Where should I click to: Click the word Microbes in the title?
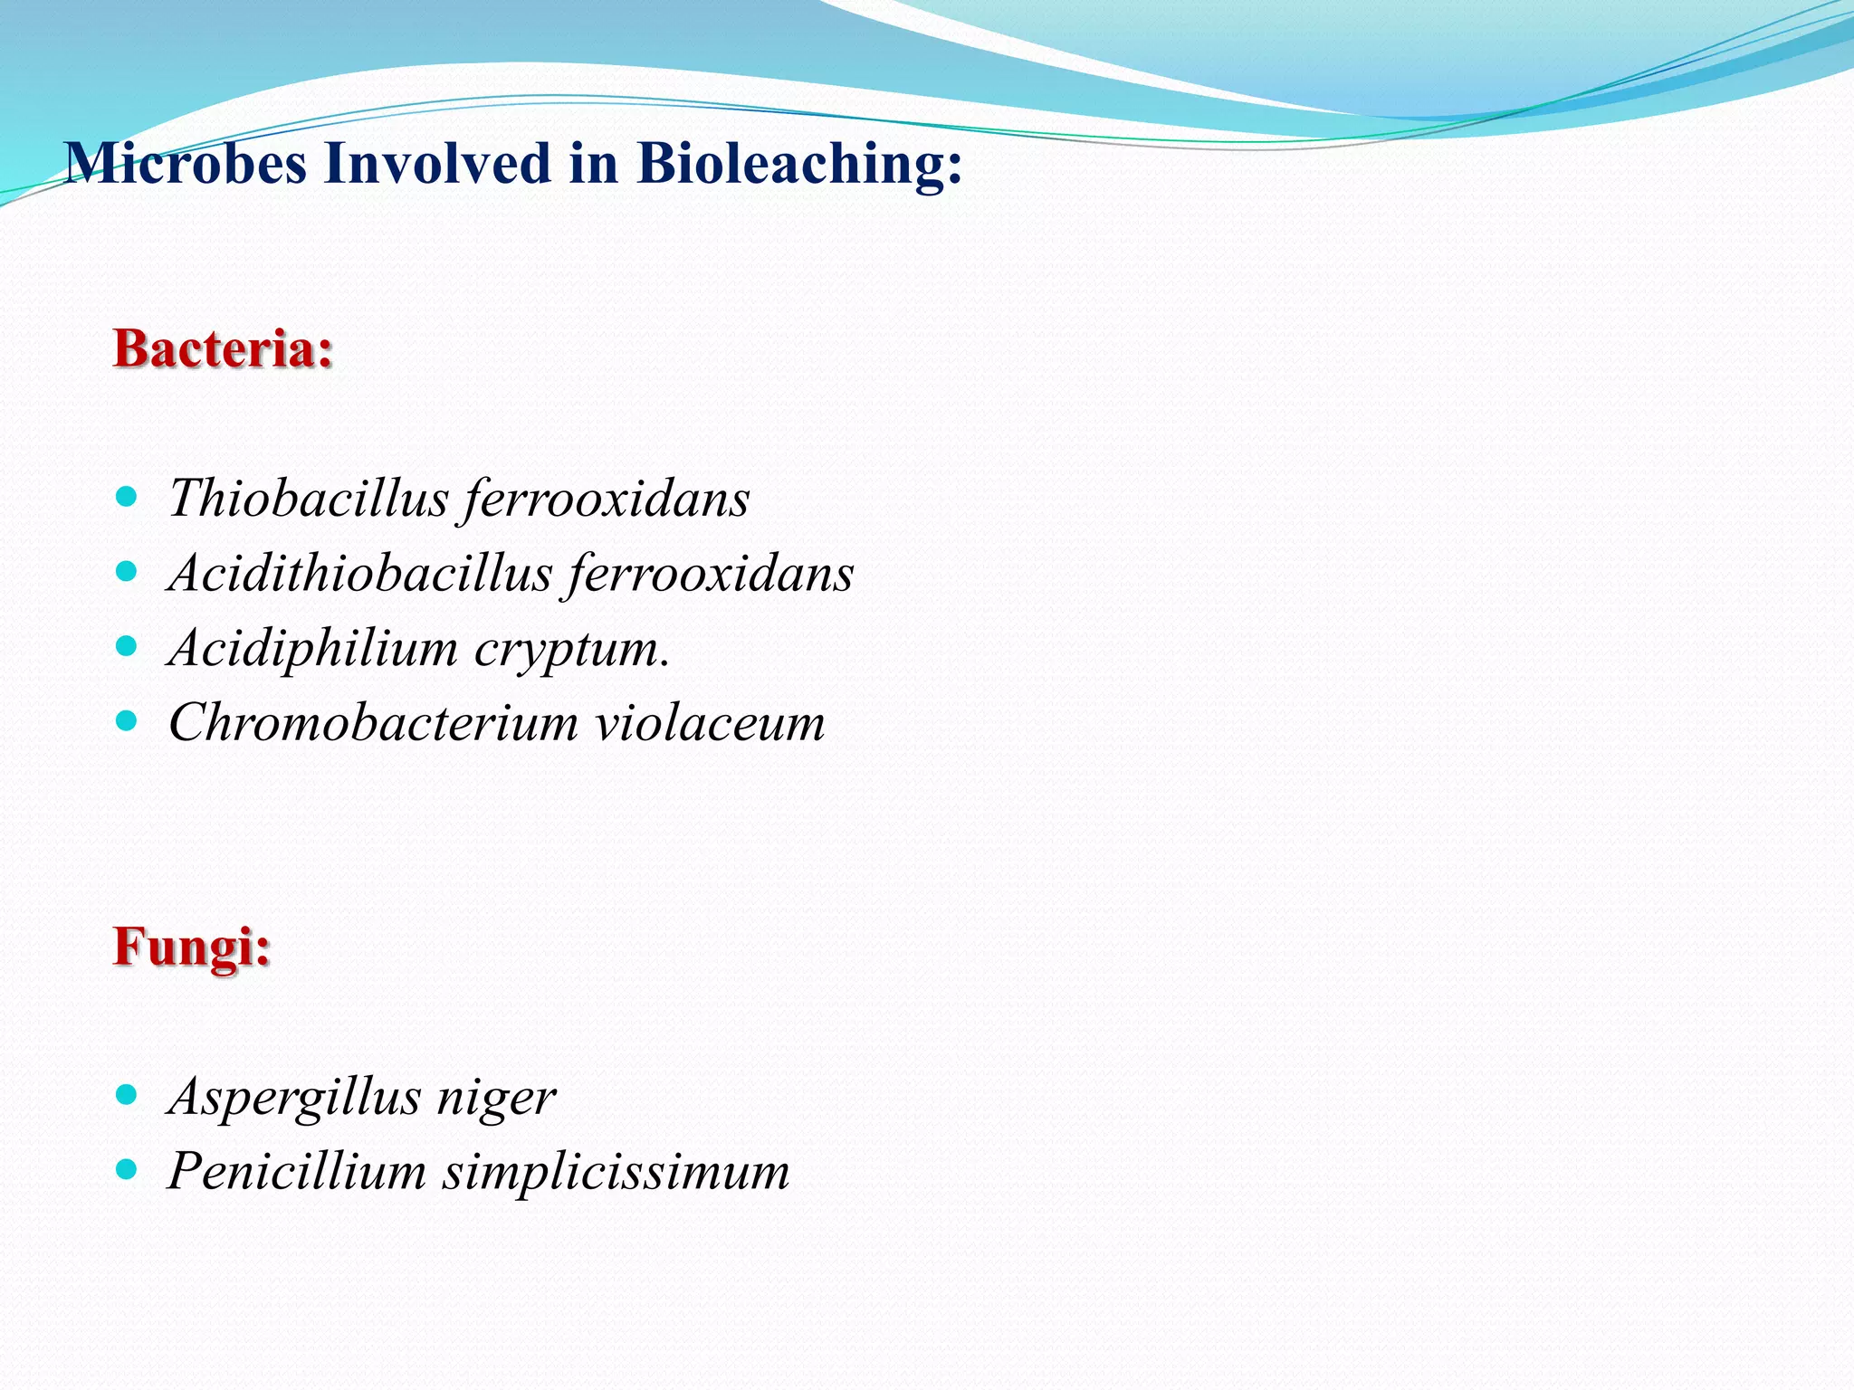tap(186, 164)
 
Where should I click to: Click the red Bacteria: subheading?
tap(223, 349)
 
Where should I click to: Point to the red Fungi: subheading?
tap(192, 948)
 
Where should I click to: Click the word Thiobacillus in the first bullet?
tap(309, 499)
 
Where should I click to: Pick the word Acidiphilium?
tap(313, 649)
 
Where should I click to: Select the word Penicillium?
tap(297, 1171)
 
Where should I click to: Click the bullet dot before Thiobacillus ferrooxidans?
tap(127, 497)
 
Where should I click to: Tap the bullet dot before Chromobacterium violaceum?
tap(127, 721)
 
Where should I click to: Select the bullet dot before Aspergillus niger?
tap(127, 1095)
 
